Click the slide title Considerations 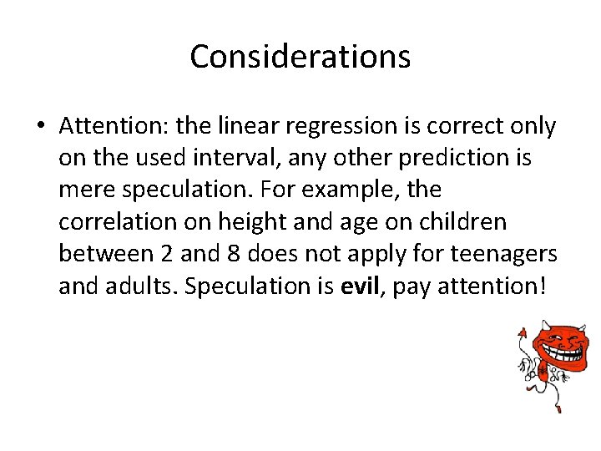pos(300,57)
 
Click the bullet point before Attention pos(40,126)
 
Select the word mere pos(87,190)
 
